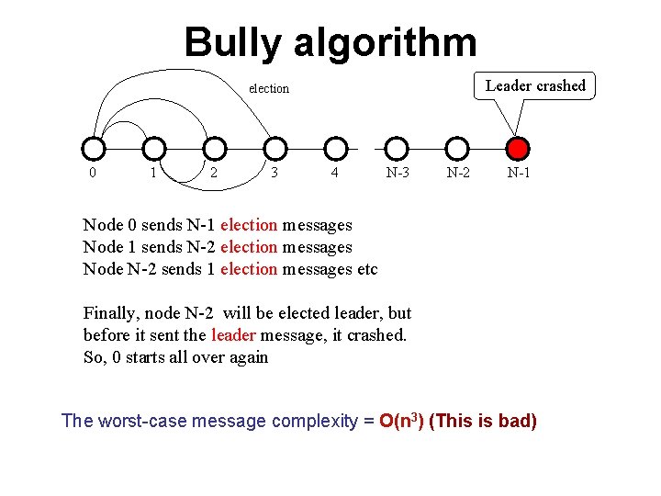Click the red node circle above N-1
click(x=519, y=149)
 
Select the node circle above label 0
click(x=93, y=149)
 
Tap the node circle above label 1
click(x=154, y=149)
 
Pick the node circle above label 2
click(x=215, y=149)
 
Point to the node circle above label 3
click(x=275, y=149)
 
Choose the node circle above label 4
click(x=337, y=149)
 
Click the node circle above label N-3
click(x=397, y=149)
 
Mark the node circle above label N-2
click(x=457, y=149)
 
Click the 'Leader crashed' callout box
click(x=535, y=86)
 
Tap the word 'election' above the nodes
click(x=269, y=89)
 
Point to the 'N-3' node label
click(x=398, y=173)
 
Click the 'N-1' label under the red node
click(x=519, y=173)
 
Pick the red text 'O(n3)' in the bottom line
click(x=401, y=421)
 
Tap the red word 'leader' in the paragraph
click(x=233, y=335)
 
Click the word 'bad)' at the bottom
click(x=515, y=422)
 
